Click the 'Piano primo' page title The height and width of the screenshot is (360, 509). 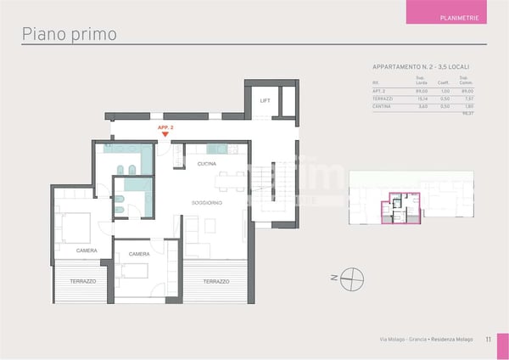click(x=69, y=34)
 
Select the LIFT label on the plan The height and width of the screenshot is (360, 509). click(x=265, y=100)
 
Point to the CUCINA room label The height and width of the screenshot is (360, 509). click(x=206, y=163)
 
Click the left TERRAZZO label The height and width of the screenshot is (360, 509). click(x=83, y=280)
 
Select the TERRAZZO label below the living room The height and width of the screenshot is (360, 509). click(x=216, y=281)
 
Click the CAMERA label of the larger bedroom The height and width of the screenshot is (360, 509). click(x=87, y=250)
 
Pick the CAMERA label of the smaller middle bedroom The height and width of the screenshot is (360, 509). click(x=139, y=254)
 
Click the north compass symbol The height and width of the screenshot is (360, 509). click(x=355, y=277)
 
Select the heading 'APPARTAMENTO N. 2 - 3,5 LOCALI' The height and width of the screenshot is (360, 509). click(x=421, y=66)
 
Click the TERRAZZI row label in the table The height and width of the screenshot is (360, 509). click(x=383, y=98)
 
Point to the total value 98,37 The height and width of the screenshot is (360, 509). click(x=466, y=113)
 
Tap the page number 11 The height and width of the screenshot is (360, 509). click(x=489, y=340)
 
